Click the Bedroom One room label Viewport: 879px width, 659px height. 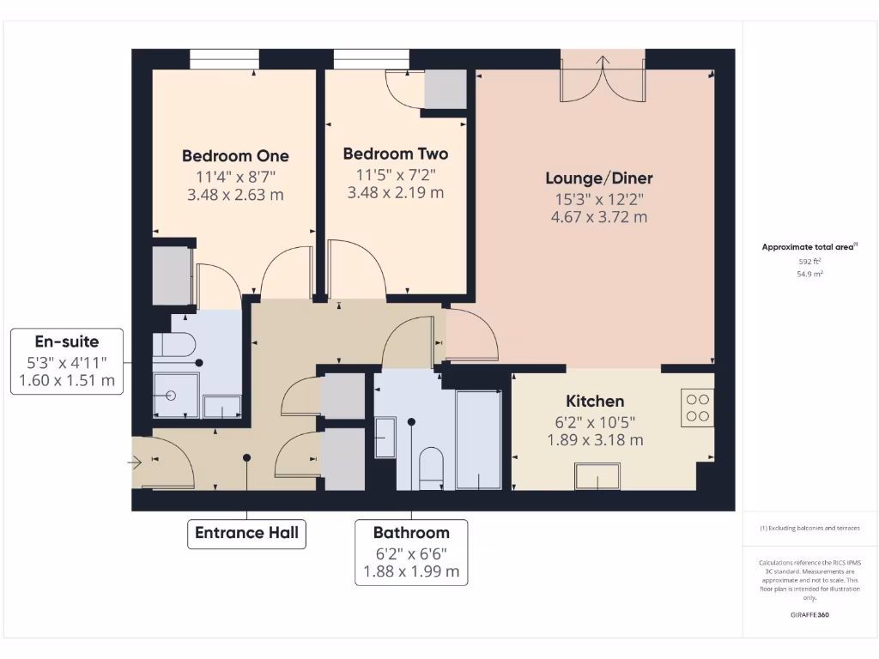[x=235, y=156]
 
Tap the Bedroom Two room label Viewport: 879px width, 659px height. [x=395, y=154]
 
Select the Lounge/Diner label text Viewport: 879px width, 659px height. [x=599, y=178]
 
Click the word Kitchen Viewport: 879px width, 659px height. [x=595, y=401]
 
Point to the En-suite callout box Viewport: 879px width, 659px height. [x=67, y=360]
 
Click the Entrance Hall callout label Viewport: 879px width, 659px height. [x=246, y=533]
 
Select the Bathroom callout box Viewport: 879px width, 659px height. [x=411, y=552]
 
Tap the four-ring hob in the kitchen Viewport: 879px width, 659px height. [x=698, y=408]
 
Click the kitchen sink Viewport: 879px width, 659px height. [x=597, y=476]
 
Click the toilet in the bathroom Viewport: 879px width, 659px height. [x=431, y=467]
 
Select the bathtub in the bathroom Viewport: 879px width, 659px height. [x=478, y=438]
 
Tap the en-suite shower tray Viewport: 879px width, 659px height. [x=175, y=396]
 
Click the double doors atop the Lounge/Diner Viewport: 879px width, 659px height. [x=603, y=77]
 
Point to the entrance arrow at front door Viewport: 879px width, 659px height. [x=136, y=463]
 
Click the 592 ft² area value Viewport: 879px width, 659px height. [x=809, y=261]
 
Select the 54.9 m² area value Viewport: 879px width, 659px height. [x=809, y=275]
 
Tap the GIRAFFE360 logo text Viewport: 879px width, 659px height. [x=809, y=615]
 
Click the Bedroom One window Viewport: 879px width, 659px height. [x=224, y=59]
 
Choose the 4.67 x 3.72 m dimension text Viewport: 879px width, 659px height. [x=599, y=217]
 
